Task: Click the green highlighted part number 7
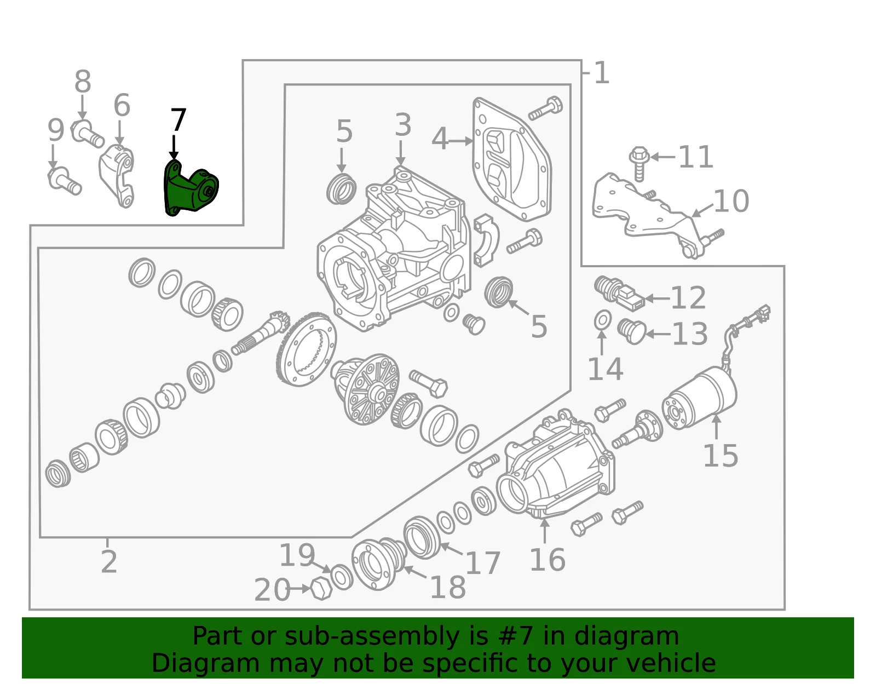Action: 189,188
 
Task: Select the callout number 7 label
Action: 178,120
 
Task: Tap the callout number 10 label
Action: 731,201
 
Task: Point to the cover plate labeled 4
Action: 512,159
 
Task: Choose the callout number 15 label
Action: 721,456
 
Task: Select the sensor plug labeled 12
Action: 619,293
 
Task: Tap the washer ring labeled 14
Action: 602,320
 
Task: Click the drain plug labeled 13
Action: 632,331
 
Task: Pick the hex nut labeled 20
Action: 321,589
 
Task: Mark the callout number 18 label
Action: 448,587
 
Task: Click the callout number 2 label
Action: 109,561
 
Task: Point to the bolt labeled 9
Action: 65,181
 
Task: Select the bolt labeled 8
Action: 88,134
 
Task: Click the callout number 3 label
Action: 403,124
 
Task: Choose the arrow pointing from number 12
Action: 657,298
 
